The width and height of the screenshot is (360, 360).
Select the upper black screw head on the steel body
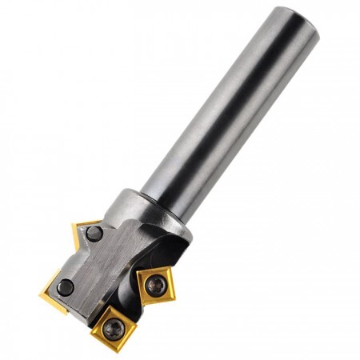click(x=94, y=234)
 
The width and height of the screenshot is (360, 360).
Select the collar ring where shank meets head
click(x=152, y=208)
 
